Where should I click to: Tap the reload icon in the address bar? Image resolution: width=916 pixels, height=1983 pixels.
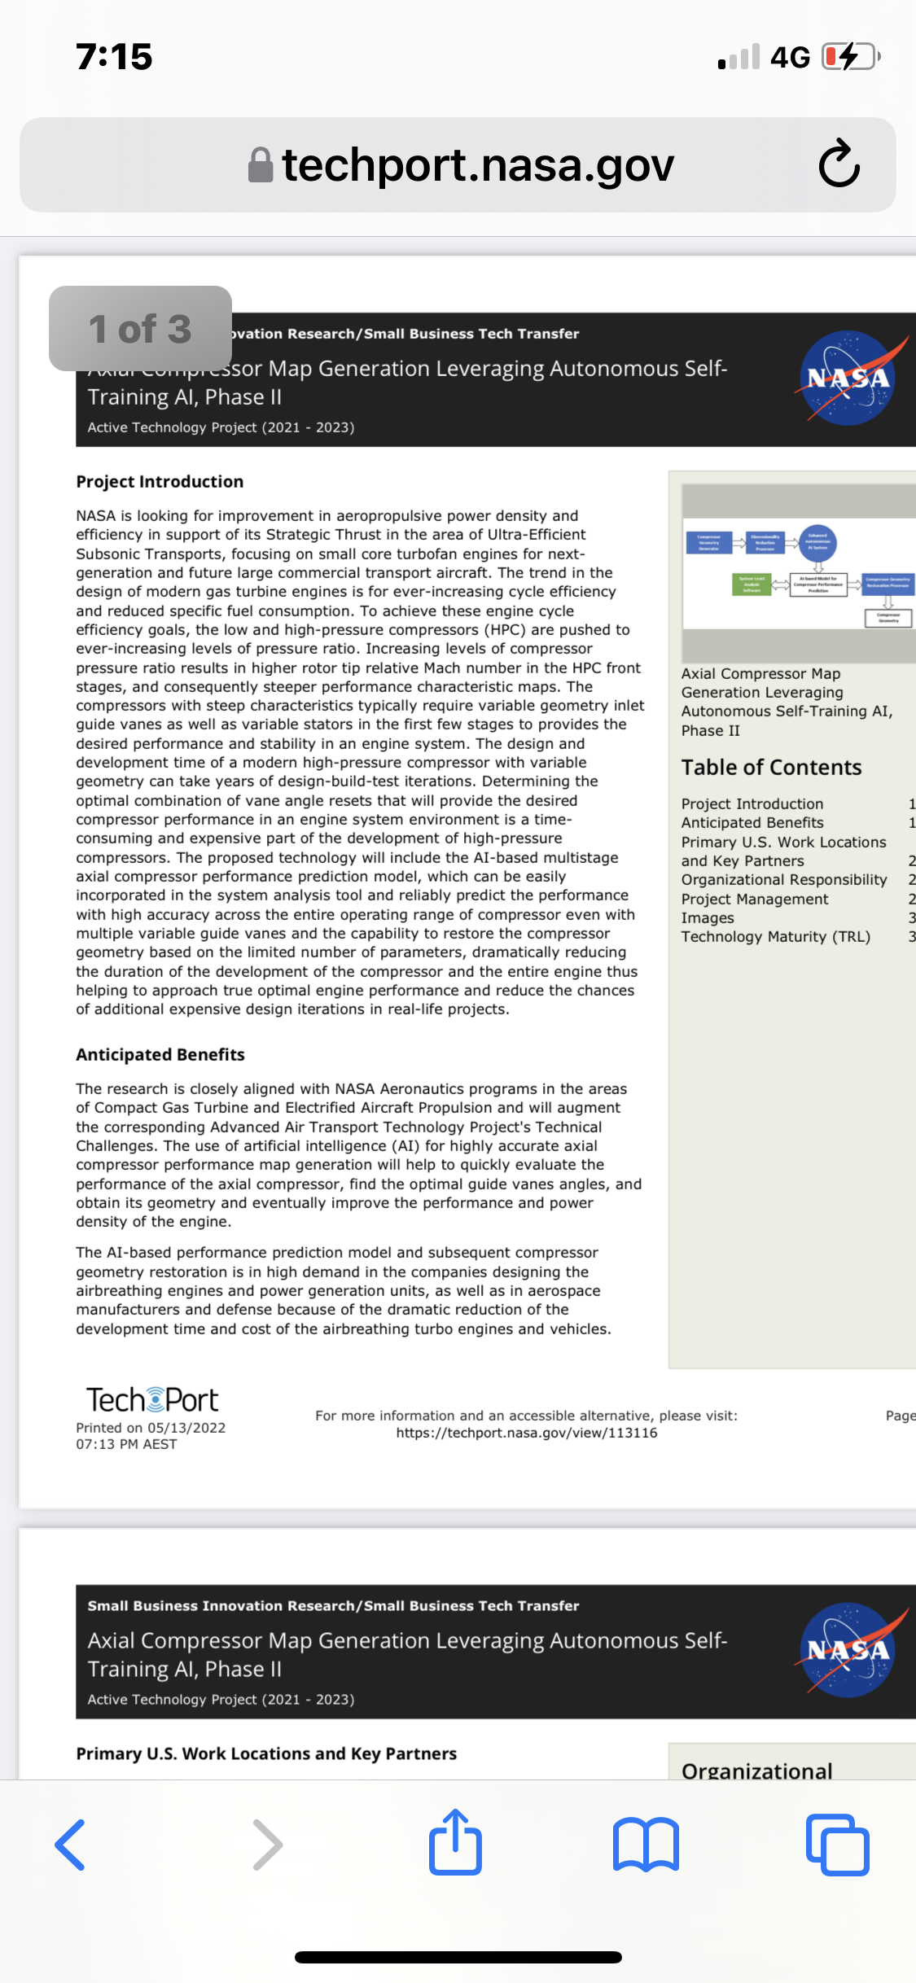[839, 164]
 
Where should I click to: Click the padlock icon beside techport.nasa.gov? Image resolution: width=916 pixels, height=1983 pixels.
[261, 165]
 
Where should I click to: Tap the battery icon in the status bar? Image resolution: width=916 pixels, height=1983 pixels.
[850, 57]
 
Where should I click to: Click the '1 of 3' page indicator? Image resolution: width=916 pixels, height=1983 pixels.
[140, 329]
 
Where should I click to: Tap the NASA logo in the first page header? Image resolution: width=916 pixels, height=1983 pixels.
[848, 378]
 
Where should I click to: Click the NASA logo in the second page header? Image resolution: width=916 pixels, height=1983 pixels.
[848, 1649]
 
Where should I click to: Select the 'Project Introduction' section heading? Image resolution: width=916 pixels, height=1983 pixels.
[160, 482]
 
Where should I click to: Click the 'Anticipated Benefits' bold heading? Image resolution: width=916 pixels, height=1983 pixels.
[160, 1055]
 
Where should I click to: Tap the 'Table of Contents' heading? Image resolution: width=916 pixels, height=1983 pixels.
[771, 768]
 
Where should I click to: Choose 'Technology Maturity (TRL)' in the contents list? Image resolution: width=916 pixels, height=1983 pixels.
[775, 937]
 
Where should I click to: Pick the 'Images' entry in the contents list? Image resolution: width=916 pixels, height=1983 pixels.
[708, 918]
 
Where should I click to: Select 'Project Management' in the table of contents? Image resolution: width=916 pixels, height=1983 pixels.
[755, 900]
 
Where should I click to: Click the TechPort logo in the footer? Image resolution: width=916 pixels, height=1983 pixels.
[152, 1400]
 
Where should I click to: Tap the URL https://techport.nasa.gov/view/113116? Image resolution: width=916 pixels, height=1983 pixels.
[527, 1434]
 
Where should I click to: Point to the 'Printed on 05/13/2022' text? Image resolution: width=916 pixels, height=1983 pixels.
[151, 1428]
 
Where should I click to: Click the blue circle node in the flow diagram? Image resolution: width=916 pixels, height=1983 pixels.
[817, 543]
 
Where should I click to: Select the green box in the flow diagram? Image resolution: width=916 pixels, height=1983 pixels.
[751, 584]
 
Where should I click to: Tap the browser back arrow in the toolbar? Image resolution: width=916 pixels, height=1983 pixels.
[71, 1845]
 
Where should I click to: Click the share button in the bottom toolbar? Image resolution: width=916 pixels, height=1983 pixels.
[455, 1843]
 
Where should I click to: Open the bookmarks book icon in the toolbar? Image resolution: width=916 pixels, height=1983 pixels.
[646, 1845]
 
